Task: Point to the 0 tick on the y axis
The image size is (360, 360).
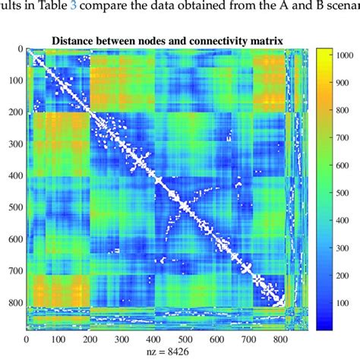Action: (x=18, y=49)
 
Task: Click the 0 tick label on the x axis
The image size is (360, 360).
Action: (x=26, y=339)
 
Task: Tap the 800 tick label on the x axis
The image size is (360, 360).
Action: (x=280, y=339)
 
